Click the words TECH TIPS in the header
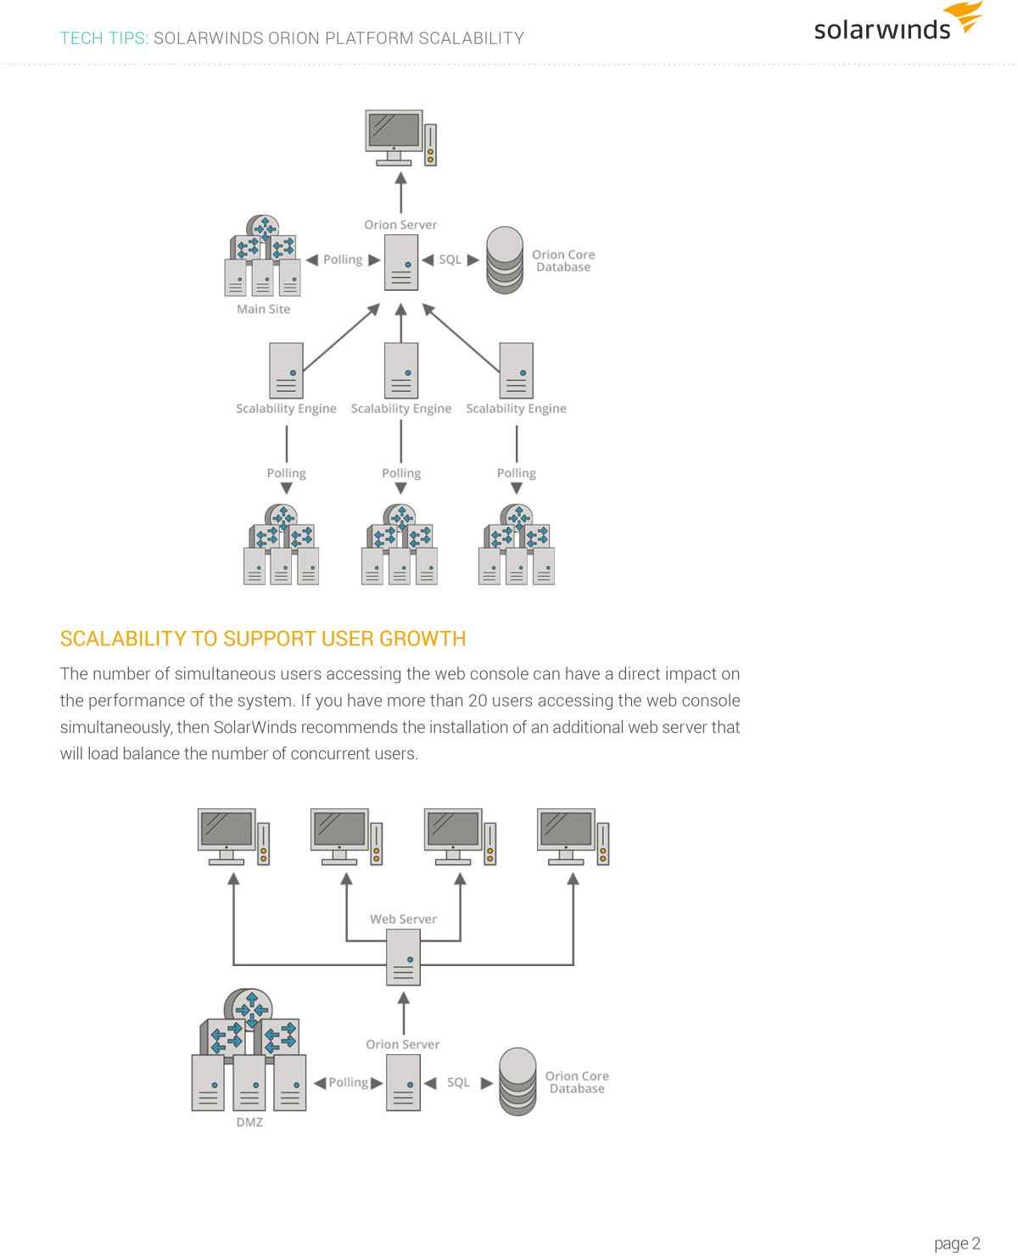(103, 38)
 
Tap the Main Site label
(263, 309)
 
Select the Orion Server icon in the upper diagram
(400, 263)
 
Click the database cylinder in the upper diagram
(505, 260)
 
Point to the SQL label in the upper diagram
(450, 260)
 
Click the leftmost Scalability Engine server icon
(286, 371)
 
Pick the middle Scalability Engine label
(400, 408)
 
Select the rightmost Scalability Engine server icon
(517, 371)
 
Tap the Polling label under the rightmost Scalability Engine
(517, 472)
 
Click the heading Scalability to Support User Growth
(263, 639)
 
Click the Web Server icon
(403, 958)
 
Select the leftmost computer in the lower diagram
(233, 837)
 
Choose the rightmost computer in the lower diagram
(573, 837)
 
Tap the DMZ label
(249, 1122)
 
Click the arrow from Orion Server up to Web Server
(404, 1013)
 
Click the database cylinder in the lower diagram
(517, 1081)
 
